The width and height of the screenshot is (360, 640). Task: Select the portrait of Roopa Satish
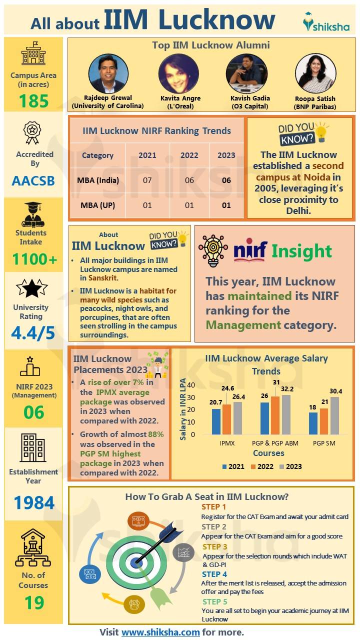pyautogui.click(x=315, y=73)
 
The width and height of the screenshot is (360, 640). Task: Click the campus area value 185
pyautogui.click(x=33, y=101)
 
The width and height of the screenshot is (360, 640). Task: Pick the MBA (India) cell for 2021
pyautogui.click(x=147, y=180)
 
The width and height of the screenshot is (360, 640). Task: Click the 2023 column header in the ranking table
pyautogui.click(x=226, y=155)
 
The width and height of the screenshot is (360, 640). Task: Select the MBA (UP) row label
pyautogui.click(x=98, y=205)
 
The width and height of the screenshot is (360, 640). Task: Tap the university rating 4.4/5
pyautogui.click(x=33, y=333)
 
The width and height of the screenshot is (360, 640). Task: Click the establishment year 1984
pyautogui.click(x=33, y=502)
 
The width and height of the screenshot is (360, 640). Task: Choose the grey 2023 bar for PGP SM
pyautogui.click(x=334, y=416)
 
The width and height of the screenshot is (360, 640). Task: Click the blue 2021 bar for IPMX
pyautogui.click(x=216, y=422)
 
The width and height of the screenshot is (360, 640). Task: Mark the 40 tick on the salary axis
pyautogui.click(x=190, y=385)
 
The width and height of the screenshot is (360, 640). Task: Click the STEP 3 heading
pyautogui.click(x=214, y=547)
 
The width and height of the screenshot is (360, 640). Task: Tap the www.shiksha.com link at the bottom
pyautogui.click(x=160, y=632)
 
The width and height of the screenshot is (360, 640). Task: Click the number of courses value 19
pyautogui.click(x=33, y=602)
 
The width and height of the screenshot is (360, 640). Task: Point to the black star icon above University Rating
pyautogui.click(x=31, y=288)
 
